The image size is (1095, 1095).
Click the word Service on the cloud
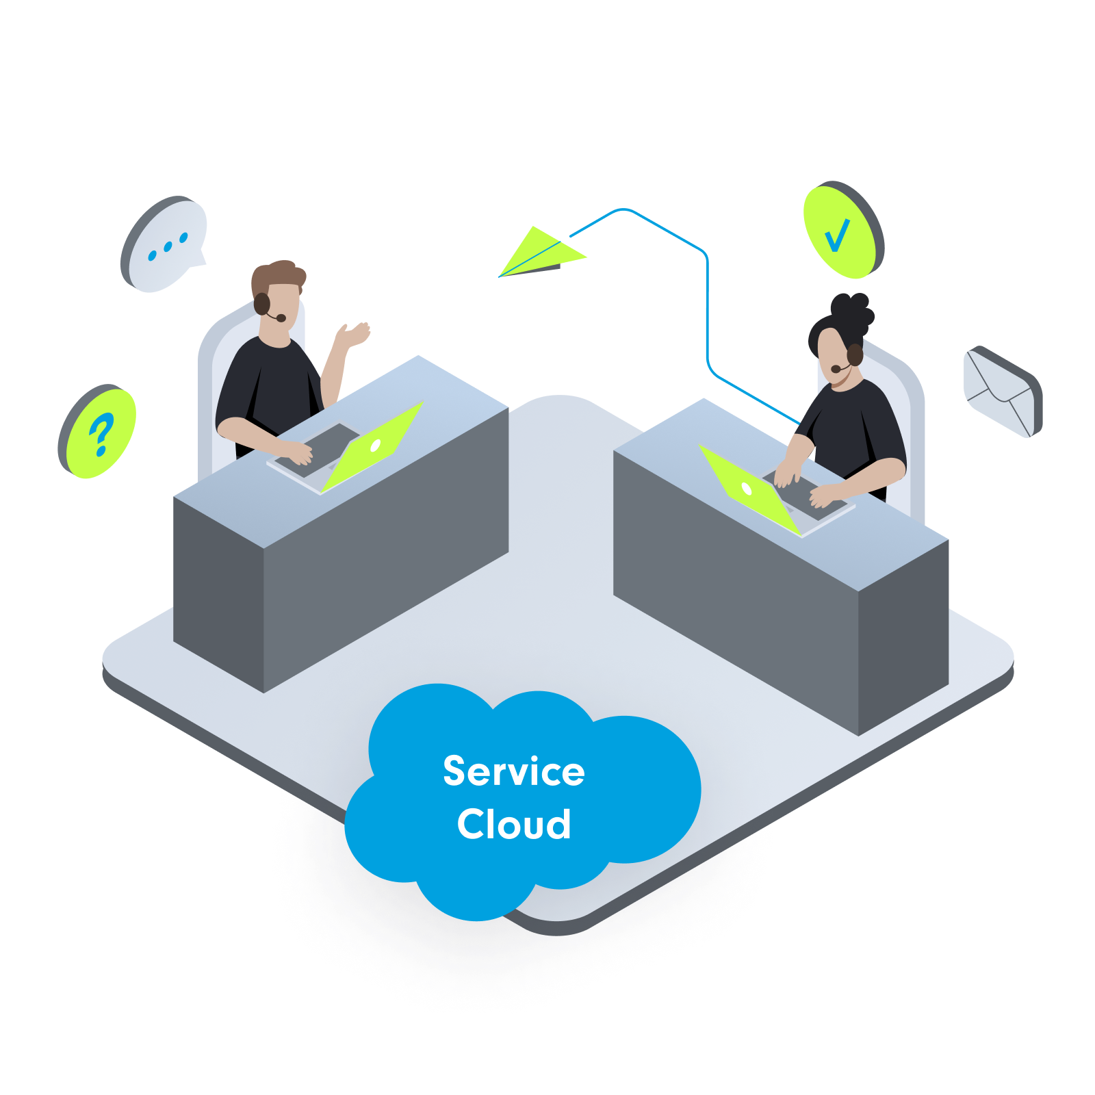click(513, 771)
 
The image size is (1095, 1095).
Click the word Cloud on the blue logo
click(513, 824)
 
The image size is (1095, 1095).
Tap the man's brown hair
click(277, 275)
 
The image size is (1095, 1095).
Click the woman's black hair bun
click(852, 311)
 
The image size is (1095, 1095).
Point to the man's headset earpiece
click(261, 303)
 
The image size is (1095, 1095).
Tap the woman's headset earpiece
click(855, 355)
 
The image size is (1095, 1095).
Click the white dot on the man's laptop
click(375, 446)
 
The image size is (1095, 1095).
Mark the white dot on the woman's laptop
click(747, 489)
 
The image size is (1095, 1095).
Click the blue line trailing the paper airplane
click(707, 308)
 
